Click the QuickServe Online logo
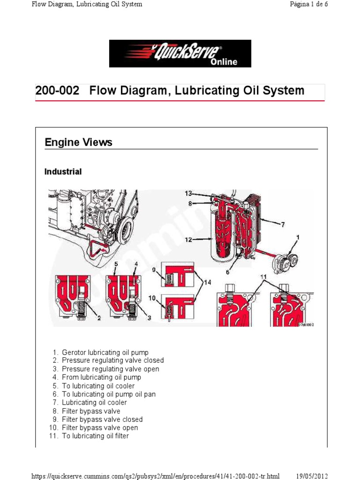(180, 53)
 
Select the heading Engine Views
(78, 142)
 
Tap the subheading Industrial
(63, 172)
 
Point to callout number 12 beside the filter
(189, 240)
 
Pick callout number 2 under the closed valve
(99, 318)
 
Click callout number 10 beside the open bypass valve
(153, 298)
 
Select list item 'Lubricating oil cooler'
(94, 402)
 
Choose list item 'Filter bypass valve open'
(100, 427)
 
